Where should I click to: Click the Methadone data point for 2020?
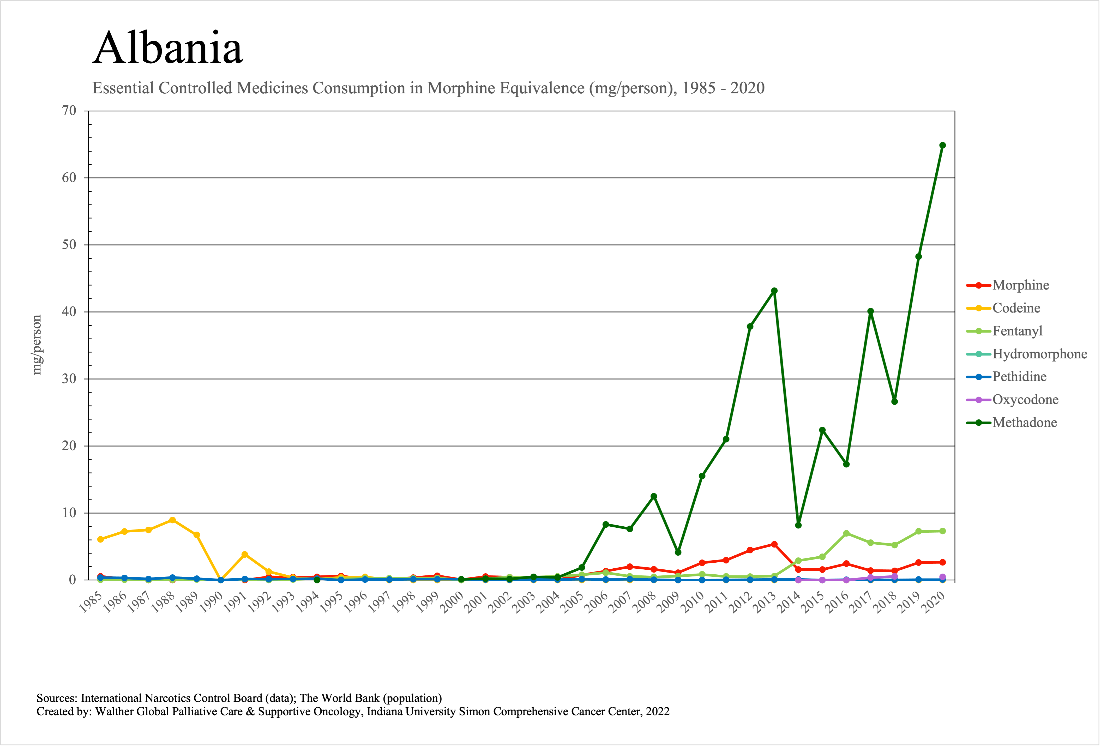tap(942, 145)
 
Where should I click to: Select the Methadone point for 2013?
tap(774, 291)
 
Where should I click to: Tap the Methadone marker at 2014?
tap(798, 525)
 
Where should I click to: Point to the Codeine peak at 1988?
tap(172, 520)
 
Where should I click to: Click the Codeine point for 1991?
tap(244, 554)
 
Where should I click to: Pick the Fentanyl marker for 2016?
tap(846, 533)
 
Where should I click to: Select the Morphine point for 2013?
tap(774, 544)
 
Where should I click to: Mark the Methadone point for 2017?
tap(870, 311)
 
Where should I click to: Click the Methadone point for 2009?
tap(678, 552)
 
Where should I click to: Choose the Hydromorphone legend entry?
tap(1039, 354)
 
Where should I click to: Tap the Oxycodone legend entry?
tap(1025, 400)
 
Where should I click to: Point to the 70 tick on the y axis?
tap(69, 111)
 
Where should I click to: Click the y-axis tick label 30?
tap(69, 379)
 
